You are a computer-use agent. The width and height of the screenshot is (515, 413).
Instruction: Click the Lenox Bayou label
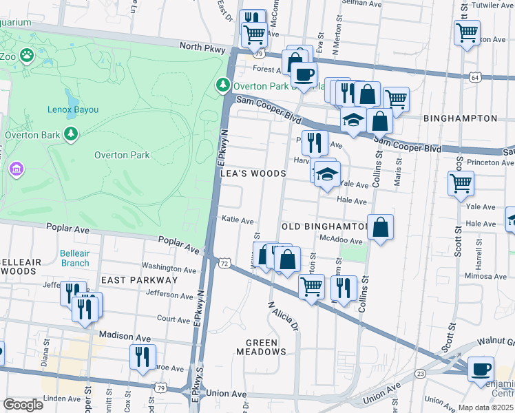[x=73, y=109]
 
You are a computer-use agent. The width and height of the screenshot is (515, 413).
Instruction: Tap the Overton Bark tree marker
[x=70, y=134]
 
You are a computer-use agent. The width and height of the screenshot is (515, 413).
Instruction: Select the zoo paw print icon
[x=27, y=55]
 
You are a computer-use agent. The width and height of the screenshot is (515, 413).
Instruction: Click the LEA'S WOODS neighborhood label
[x=252, y=173]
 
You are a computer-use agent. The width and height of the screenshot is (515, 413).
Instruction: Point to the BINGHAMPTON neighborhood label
[x=460, y=118]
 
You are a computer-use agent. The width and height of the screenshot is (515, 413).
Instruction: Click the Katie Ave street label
[x=238, y=221]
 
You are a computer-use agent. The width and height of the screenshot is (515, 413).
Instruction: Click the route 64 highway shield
[x=476, y=77]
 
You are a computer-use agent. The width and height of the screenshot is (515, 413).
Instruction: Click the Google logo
[x=23, y=404]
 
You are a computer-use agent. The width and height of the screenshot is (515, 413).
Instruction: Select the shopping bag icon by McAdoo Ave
[x=380, y=226]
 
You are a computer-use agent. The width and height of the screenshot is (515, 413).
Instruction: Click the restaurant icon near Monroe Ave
[x=142, y=356]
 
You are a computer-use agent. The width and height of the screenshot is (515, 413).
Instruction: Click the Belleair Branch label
[x=74, y=258]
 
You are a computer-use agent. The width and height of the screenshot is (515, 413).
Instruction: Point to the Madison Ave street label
[x=124, y=335]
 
